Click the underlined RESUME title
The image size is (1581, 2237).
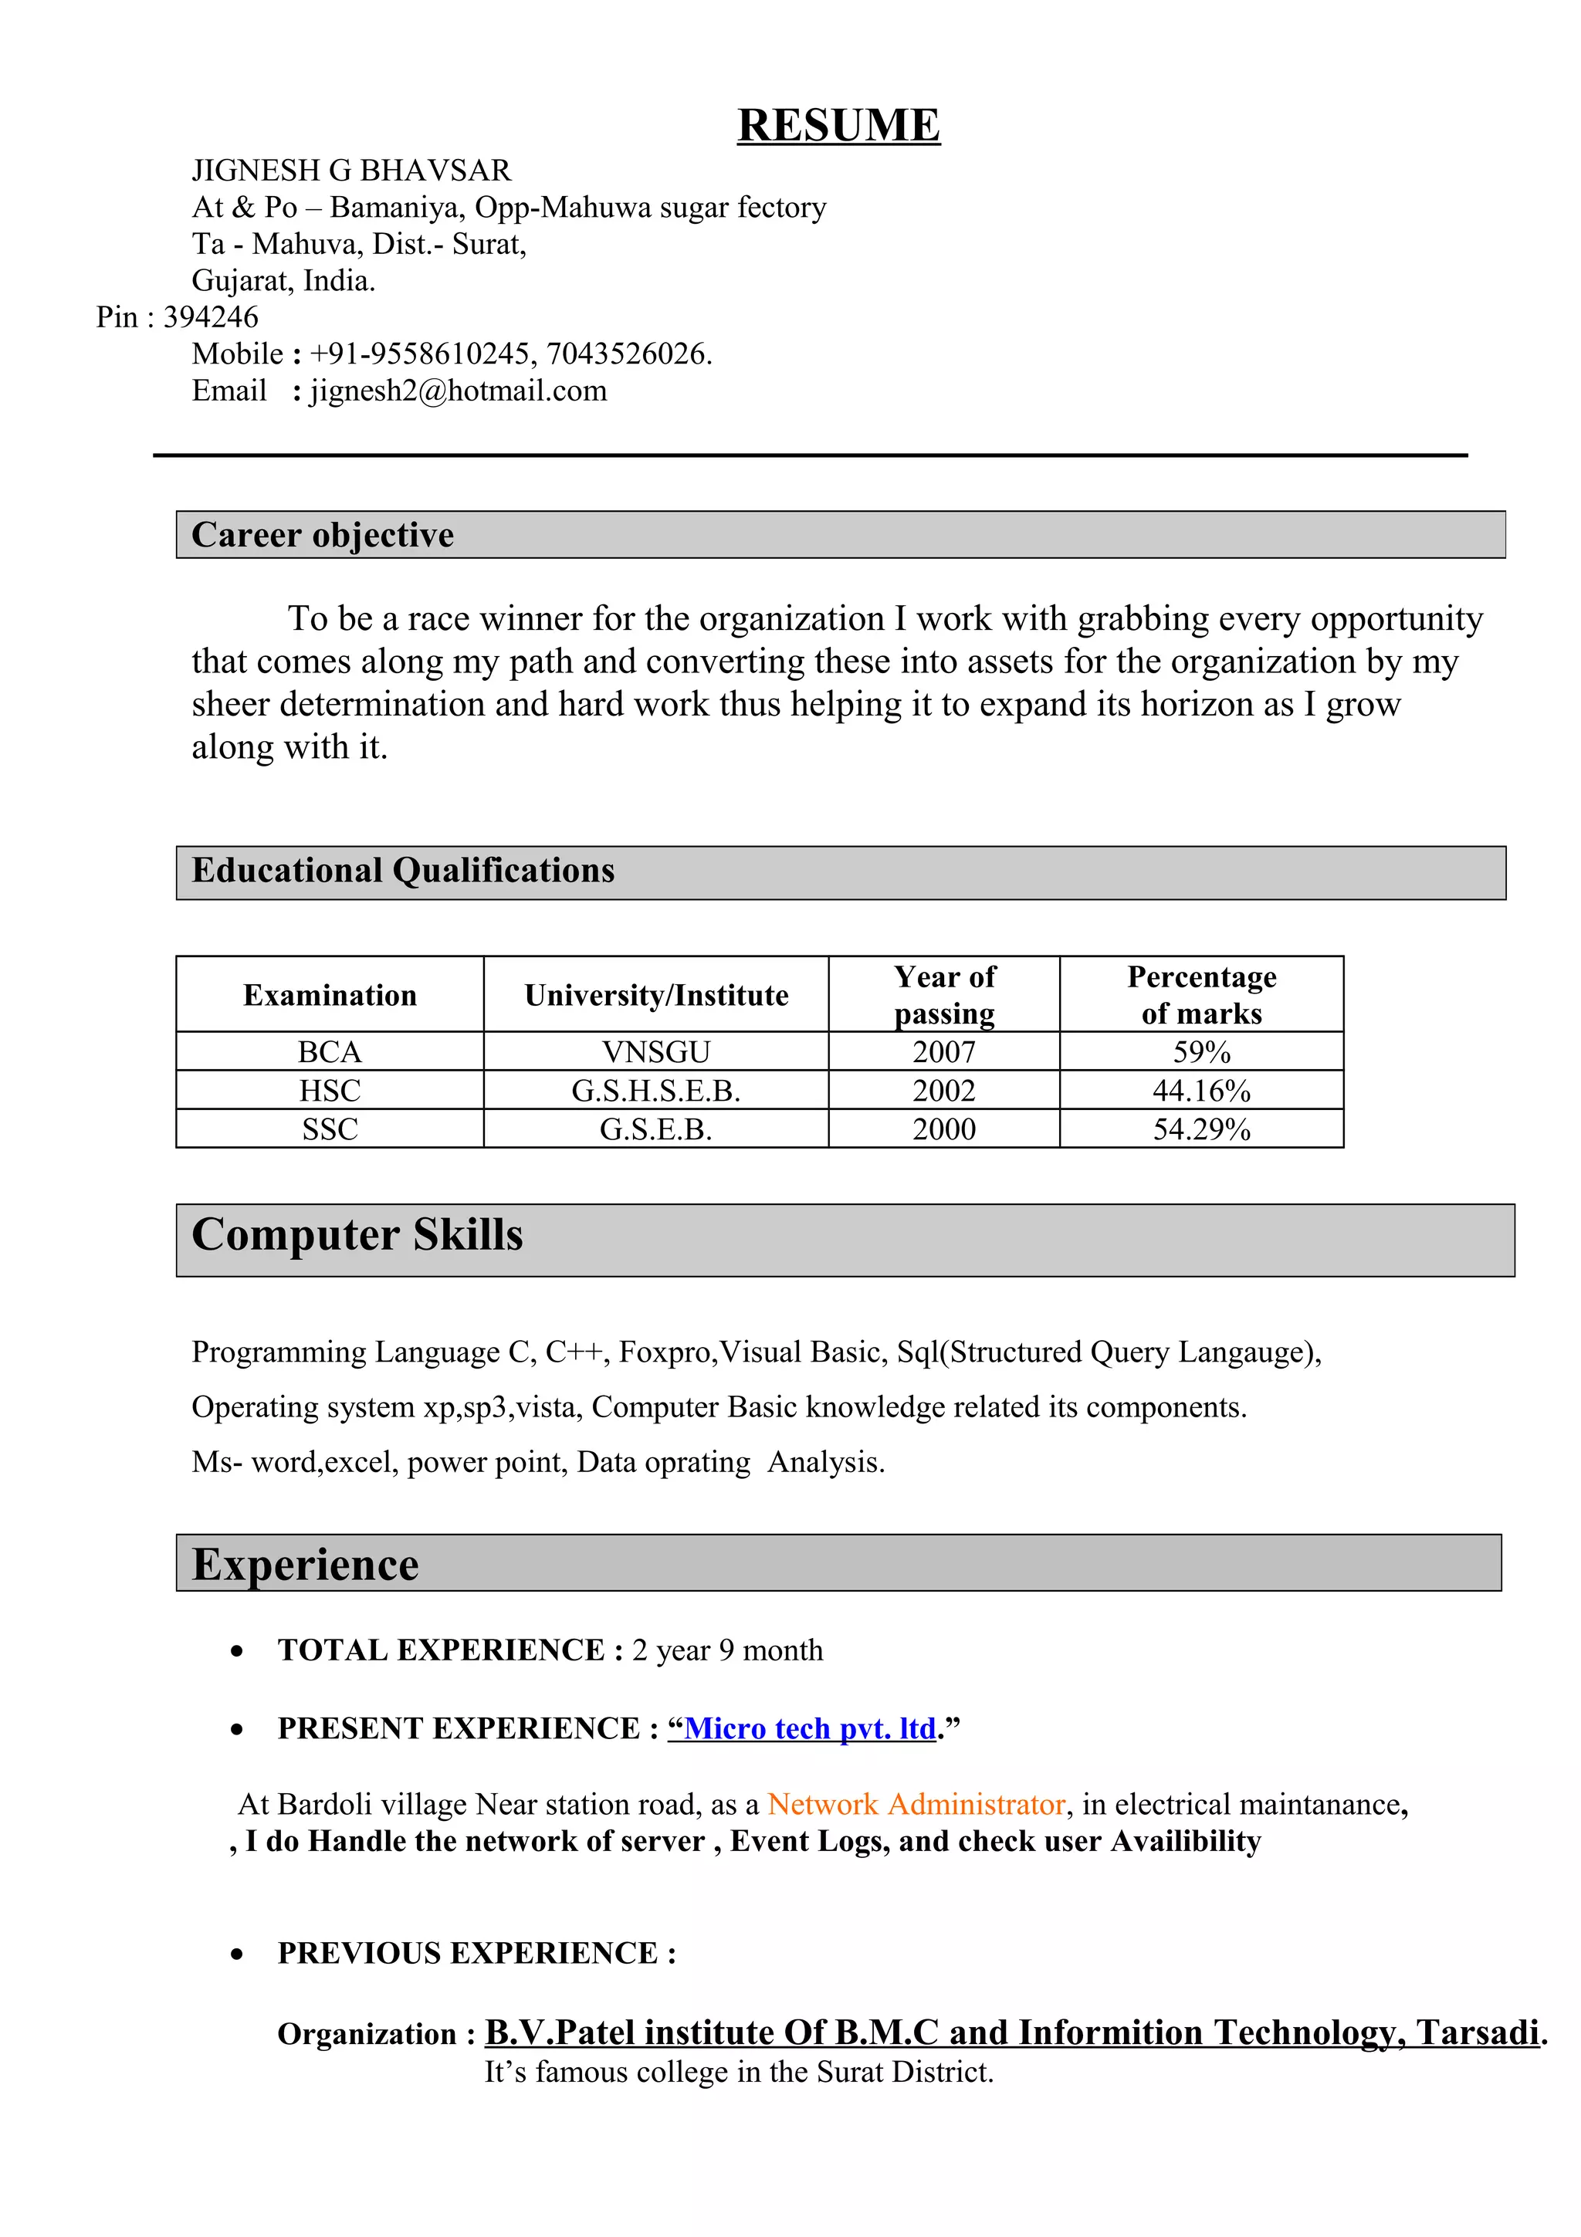click(x=838, y=126)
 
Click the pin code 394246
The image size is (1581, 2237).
click(x=211, y=317)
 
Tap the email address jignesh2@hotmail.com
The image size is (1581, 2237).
click(x=459, y=391)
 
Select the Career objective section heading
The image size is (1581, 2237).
click(x=323, y=535)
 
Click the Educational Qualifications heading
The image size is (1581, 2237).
click(x=402, y=870)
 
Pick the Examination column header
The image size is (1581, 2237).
click(x=330, y=995)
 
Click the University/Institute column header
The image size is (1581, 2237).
click(x=655, y=995)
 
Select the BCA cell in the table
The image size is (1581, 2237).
click(x=330, y=1052)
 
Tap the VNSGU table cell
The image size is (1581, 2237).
click(x=655, y=1052)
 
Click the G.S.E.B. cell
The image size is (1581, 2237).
click(x=655, y=1129)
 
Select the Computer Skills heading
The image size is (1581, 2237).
click(x=357, y=1235)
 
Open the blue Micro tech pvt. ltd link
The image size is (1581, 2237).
click(x=810, y=1728)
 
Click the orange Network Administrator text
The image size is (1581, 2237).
click(x=916, y=1805)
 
